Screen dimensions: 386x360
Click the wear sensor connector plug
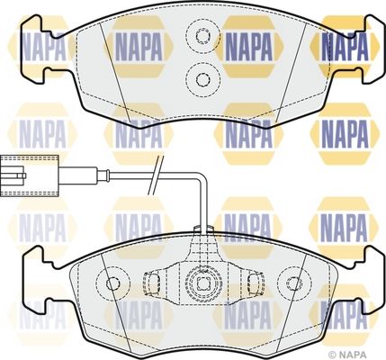pyautogui.click(x=30, y=175)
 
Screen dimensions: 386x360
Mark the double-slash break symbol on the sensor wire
pyautogui.click(x=156, y=175)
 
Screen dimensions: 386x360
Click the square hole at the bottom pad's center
pyautogui.click(x=203, y=283)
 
